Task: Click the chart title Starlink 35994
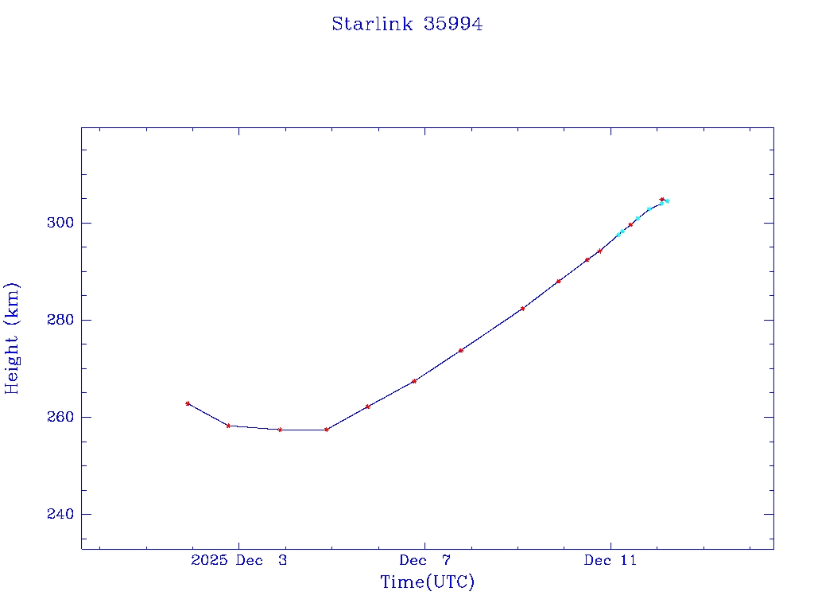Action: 407,25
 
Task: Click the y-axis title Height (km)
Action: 13,338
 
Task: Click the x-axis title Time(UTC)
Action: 427,582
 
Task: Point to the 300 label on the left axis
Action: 60,223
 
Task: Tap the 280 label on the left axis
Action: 60,320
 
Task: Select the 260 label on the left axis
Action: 60,417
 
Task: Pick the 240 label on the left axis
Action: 60,514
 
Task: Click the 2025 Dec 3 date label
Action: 239,560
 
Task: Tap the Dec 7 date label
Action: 424,560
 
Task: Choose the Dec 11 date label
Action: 610,560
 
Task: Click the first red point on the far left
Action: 188,403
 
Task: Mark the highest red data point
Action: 661,200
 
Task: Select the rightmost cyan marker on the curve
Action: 667,201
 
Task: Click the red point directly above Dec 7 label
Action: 414,381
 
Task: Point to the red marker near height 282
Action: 522,309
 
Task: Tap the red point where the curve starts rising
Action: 327,430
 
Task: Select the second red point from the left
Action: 228,426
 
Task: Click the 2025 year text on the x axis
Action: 210,560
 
